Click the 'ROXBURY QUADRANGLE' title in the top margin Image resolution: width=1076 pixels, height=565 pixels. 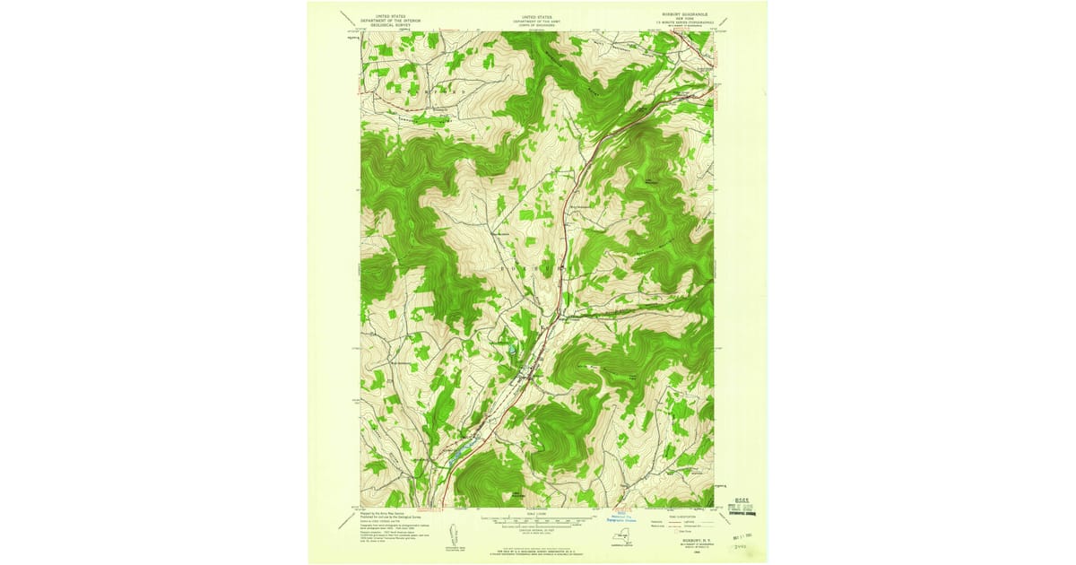[684, 14]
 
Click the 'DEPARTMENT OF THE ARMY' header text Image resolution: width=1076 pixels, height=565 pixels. [537, 20]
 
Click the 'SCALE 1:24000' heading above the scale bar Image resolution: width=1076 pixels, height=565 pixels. [537, 514]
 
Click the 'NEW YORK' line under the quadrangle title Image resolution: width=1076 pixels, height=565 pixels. [684, 19]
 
